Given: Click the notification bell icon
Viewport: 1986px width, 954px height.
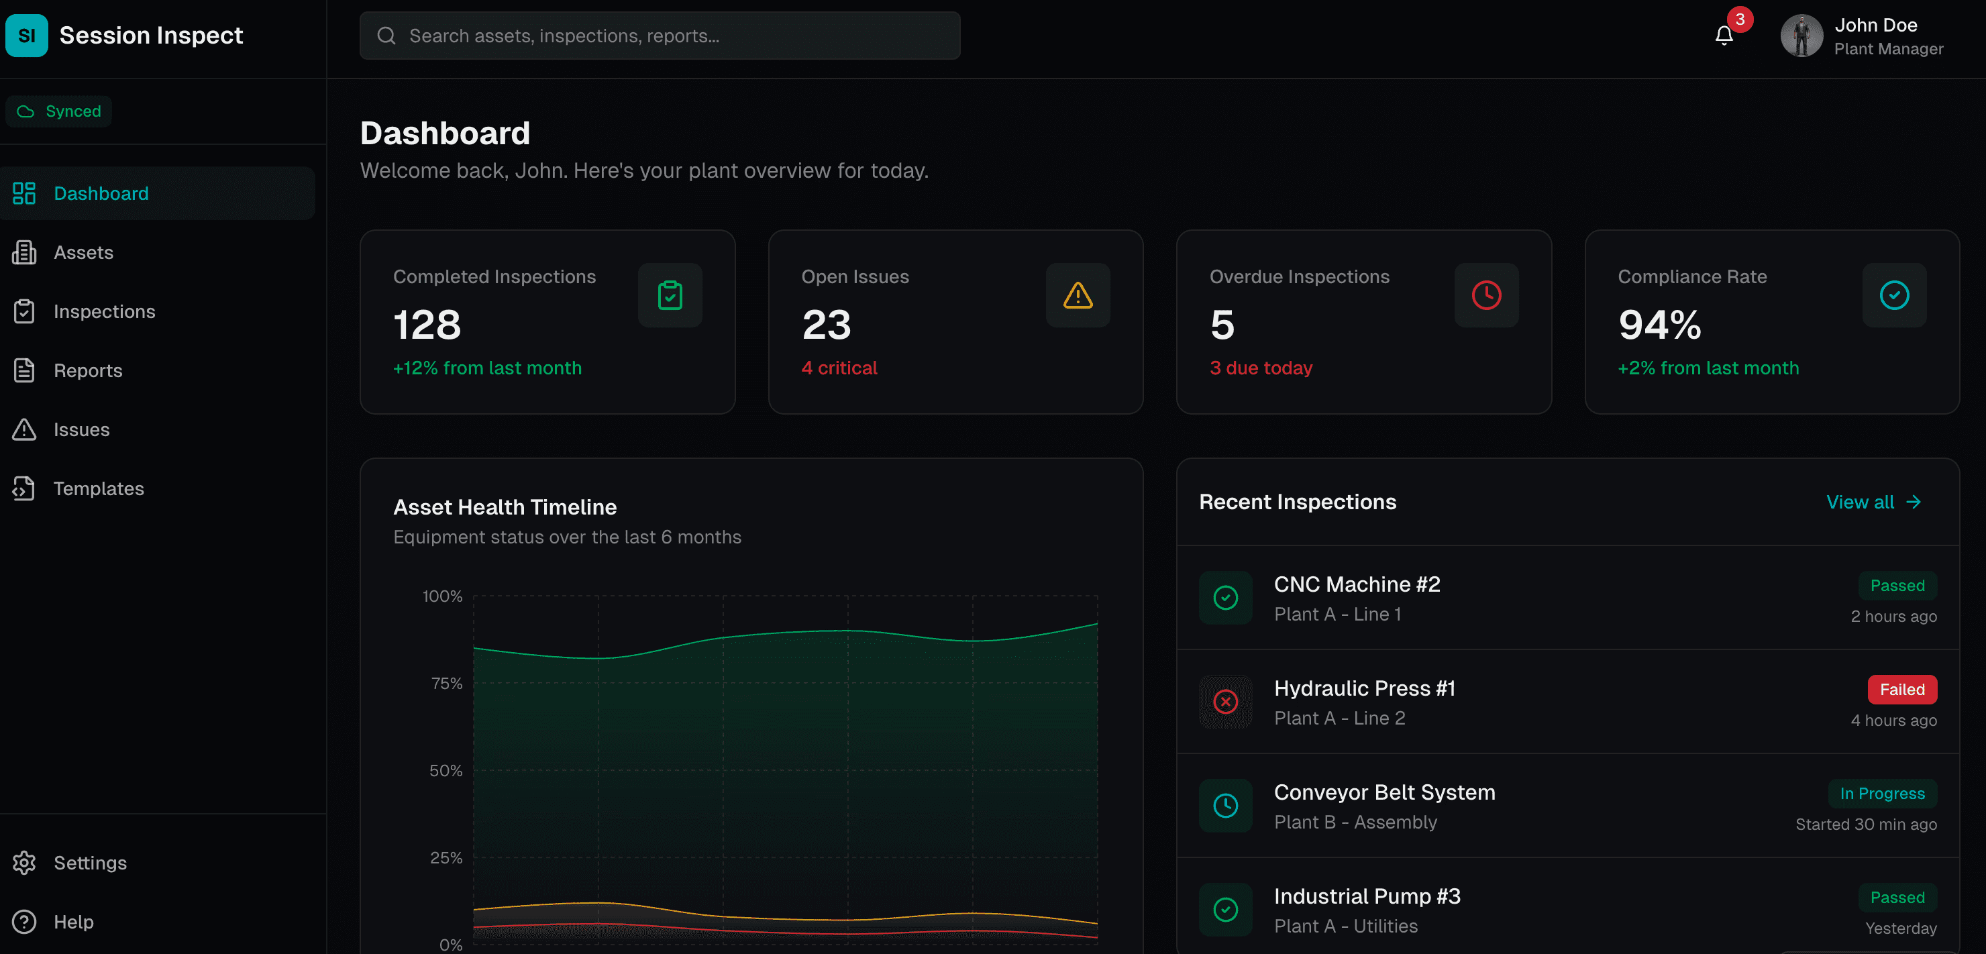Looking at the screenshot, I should coord(1724,36).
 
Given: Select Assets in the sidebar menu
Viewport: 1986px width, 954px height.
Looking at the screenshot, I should coord(83,253).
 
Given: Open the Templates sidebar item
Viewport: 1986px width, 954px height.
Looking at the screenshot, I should coord(98,488).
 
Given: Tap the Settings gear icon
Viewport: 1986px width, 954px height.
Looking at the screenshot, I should coord(25,862).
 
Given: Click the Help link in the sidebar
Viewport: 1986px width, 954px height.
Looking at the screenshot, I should coord(73,922).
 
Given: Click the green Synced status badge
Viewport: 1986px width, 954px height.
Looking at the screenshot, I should coord(59,111).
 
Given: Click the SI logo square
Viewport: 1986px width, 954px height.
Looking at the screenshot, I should coord(26,36).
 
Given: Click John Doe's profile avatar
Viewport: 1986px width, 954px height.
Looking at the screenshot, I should coord(1801,36).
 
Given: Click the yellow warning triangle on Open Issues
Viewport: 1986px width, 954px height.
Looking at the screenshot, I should coord(1077,295).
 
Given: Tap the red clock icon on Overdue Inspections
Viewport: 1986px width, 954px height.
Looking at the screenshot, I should coord(1485,295).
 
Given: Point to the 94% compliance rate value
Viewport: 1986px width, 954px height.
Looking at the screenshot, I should coord(1659,325).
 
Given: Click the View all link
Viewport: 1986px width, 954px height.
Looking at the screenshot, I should coord(1873,502).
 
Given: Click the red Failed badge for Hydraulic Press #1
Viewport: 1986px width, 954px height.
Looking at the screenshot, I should coord(1901,690).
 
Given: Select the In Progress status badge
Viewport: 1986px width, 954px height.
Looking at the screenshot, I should coord(1882,794).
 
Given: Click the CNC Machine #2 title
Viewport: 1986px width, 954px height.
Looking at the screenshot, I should coord(1356,584).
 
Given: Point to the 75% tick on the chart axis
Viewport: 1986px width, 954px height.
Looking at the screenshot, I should coord(446,684).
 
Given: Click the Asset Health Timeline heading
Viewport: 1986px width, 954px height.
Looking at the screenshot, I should coord(505,507).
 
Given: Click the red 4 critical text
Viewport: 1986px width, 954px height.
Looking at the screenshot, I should coord(839,368).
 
